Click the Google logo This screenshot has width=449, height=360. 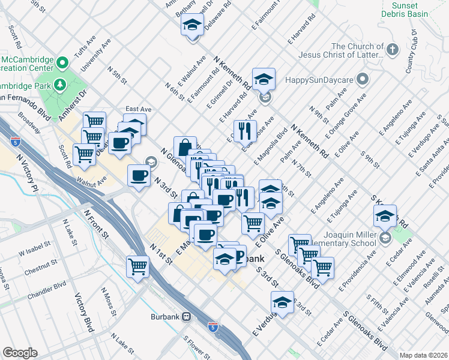(20, 353)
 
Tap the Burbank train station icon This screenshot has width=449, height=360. (187, 316)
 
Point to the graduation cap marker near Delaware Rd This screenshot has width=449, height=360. (192, 25)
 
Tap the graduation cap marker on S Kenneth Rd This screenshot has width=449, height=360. (385, 215)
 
